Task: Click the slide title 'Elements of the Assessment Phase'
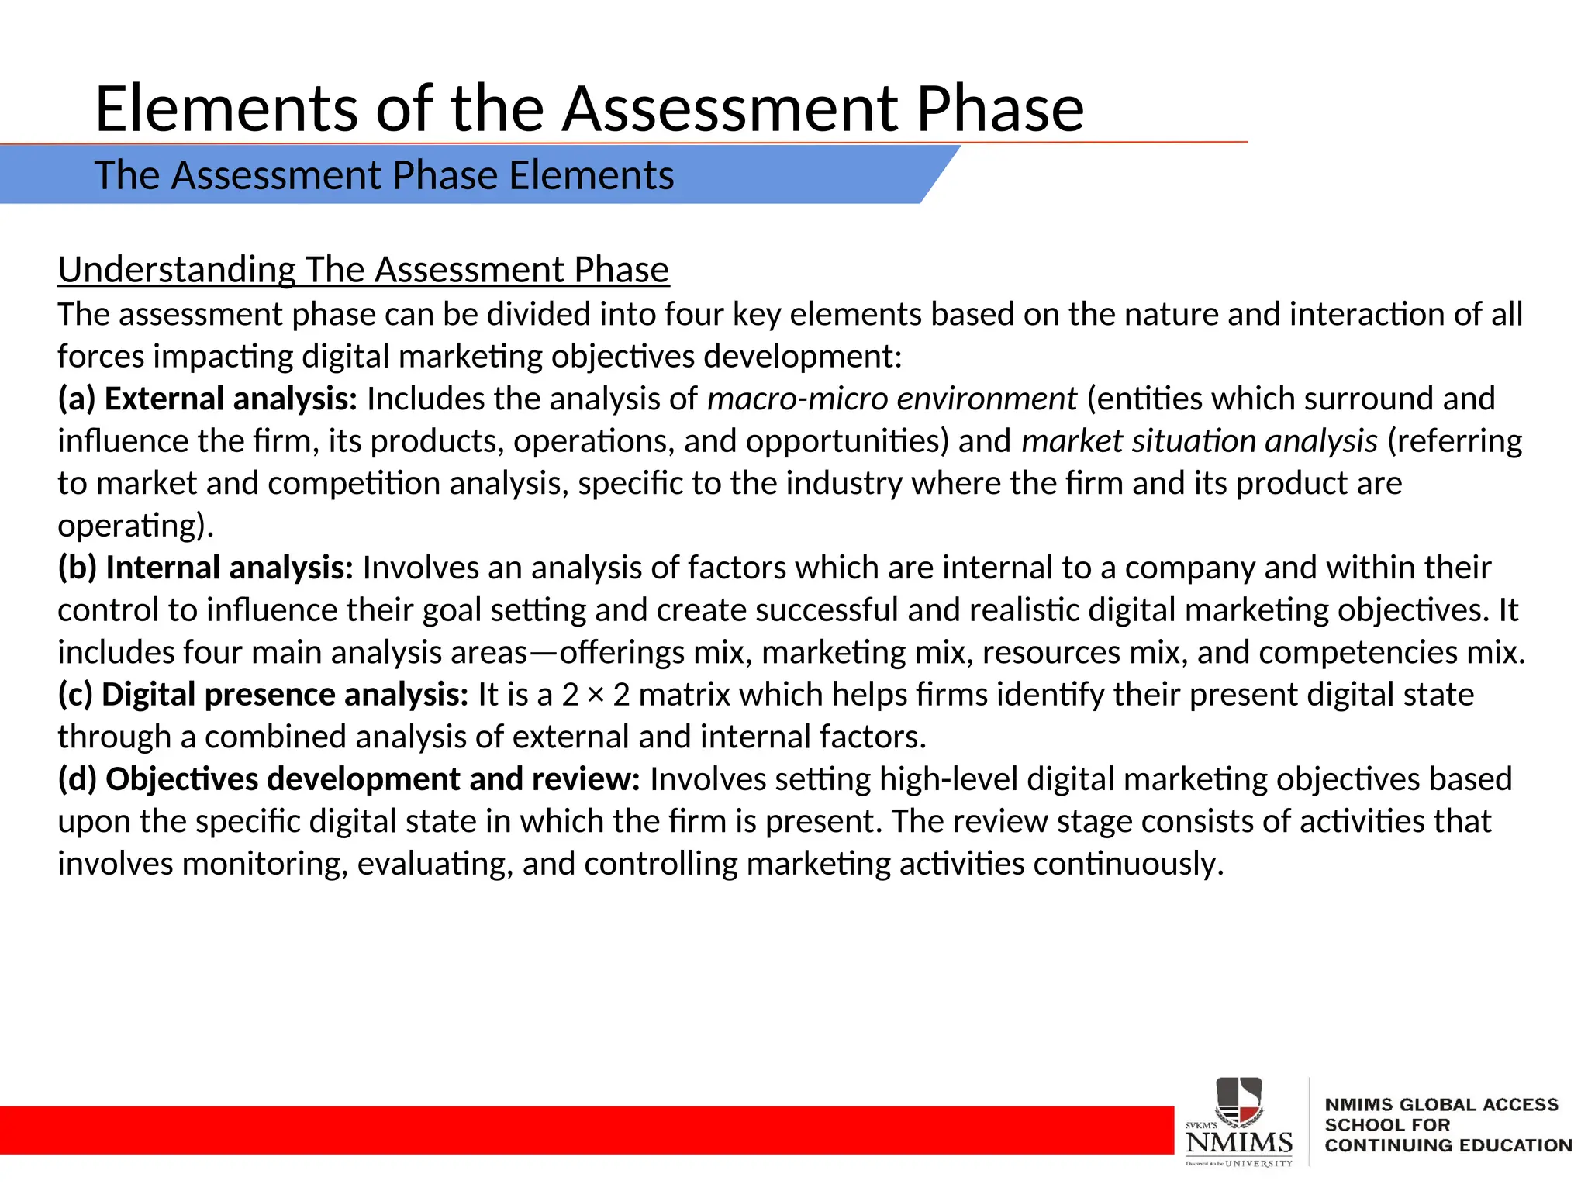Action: pyautogui.click(x=589, y=109)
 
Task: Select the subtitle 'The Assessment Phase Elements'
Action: pyautogui.click(x=384, y=175)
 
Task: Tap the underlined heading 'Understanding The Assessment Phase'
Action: pyautogui.click(x=363, y=270)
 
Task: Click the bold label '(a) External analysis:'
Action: pyautogui.click(x=207, y=399)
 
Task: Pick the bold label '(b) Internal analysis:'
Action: pyautogui.click(x=205, y=568)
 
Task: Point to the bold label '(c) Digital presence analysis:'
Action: pyautogui.click(x=263, y=695)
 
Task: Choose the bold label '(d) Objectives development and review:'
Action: pyautogui.click(x=349, y=779)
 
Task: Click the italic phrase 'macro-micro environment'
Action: pyautogui.click(x=892, y=399)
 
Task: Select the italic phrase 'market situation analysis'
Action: pyautogui.click(x=1199, y=441)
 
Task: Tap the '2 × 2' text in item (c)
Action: pyautogui.click(x=595, y=695)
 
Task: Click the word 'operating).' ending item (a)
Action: pyautogui.click(x=136, y=526)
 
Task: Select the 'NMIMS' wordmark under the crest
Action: pyautogui.click(x=1239, y=1142)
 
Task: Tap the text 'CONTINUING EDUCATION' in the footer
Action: pyautogui.click(x=1448, y=1145)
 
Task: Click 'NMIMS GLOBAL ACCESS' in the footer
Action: pyautogui.click(x=1441, y=1105)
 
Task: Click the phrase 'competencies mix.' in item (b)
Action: pyautogui.click(x=1392, y=653)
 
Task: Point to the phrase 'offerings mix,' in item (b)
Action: pyautogui.click(x=655, y=653)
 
